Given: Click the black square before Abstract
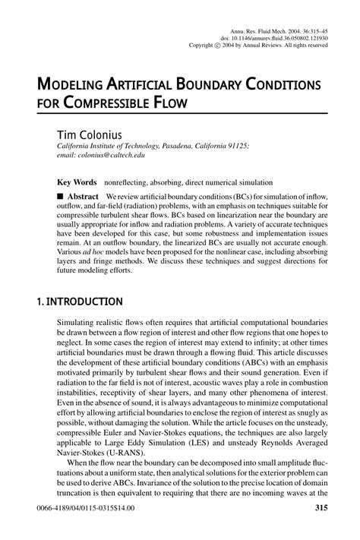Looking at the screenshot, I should [62, 195].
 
